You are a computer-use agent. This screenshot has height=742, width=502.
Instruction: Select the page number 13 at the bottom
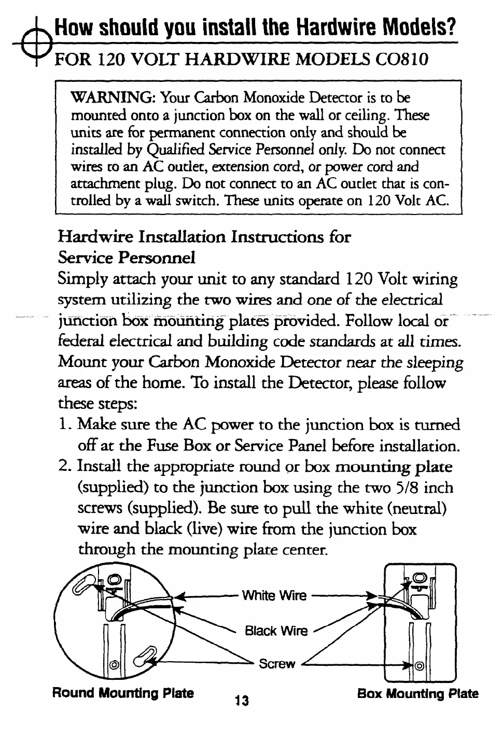coord(241,701)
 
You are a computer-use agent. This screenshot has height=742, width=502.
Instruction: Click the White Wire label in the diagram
coord(274,595)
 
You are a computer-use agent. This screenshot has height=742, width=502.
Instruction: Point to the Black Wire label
coord(276,631)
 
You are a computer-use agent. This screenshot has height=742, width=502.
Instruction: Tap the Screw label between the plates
coord(276,664)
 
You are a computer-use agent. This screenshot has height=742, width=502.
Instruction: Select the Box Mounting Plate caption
coord(417,694)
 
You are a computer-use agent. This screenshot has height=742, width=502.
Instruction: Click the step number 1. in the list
coord(64,425)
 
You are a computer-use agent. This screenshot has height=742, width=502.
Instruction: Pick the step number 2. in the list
coord(65,467)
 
